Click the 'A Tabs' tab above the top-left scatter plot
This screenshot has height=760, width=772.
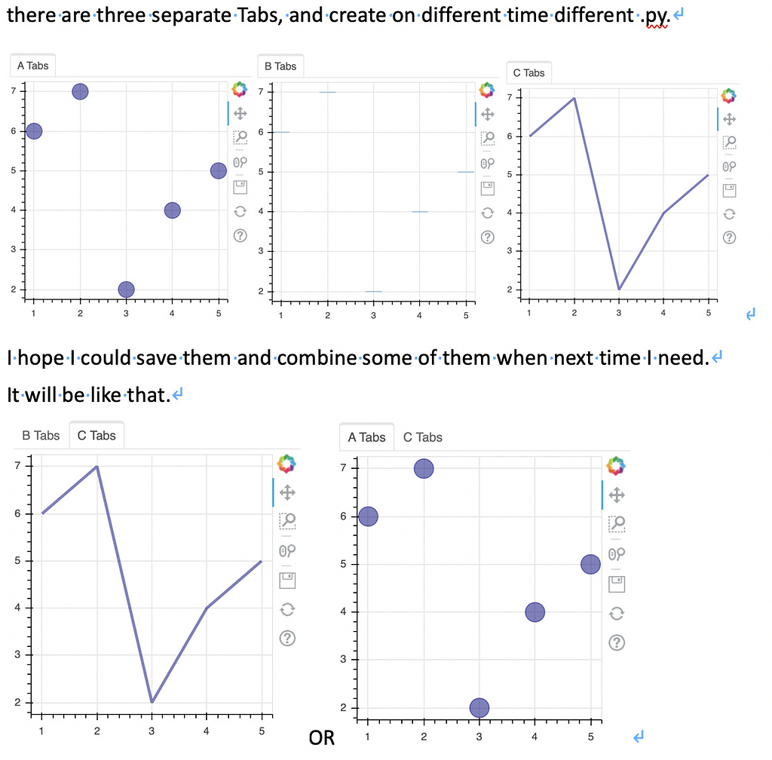click(x=32, y=66)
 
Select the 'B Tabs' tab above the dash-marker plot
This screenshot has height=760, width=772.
click(x=280, y=66)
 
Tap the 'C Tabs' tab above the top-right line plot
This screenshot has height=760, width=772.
click(x=528, y=72)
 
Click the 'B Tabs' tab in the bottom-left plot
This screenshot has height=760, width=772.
click(x=41, y=435)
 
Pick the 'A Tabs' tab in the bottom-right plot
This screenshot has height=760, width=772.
click(x=366, y=437)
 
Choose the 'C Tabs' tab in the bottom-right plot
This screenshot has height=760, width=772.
click(x=423, y=437)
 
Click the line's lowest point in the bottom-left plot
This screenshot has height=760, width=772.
click(x=152, y=702)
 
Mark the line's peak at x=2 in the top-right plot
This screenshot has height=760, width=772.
click(x=574, y=98)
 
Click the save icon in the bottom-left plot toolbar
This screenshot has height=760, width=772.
click(x=286, y=580)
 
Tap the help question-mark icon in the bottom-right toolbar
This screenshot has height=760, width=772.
click(x=616, y=642)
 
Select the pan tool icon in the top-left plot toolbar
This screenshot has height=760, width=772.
click(x=240, y=114)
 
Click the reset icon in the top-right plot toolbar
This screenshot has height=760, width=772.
click(x=729, y=213)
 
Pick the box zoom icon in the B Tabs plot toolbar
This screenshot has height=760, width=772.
click(x=488, y=138)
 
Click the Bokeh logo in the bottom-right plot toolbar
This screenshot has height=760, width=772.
click(x=616, y=466)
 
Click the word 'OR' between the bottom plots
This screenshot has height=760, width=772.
click(x=322, y=737)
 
